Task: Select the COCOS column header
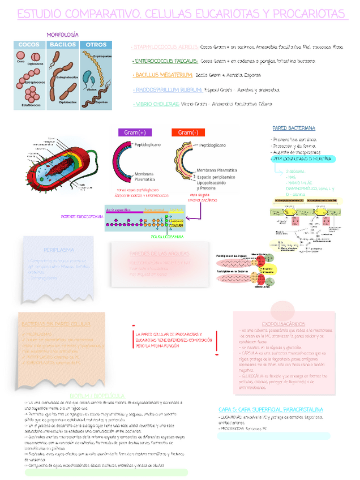[x=29, y=45]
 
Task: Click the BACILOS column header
[x=63, y=45]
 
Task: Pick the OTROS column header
[x=96, y=45]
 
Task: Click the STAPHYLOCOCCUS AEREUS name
[x=165, y=48]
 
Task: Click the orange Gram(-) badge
[x=187, y=132]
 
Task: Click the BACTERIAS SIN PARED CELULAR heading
[x=55, y=324]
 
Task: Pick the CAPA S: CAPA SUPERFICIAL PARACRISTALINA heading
[x=271, y=409]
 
